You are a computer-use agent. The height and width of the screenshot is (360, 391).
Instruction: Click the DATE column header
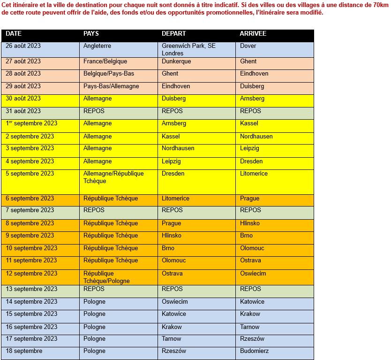[14, 34]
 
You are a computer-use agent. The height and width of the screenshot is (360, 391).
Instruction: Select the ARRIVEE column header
[253, 34]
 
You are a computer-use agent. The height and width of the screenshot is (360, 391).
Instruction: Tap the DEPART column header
[174, 34]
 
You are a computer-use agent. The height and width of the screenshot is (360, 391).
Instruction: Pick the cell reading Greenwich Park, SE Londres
[188, 49]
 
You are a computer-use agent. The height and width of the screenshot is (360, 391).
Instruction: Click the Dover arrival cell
[248, 46]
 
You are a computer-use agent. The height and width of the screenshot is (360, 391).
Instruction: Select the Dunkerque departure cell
[176, 61]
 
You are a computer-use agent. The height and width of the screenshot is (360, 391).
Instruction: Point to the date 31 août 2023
[23, 111]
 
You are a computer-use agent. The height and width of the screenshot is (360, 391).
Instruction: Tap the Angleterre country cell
[97, 46]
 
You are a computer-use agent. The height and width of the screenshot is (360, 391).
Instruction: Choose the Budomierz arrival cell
[254, 351]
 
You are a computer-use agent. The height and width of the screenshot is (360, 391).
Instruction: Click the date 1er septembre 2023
[31, 123]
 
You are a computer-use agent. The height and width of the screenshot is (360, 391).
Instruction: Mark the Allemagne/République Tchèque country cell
[113, 177]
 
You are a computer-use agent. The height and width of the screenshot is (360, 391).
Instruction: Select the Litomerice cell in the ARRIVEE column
[254, 174]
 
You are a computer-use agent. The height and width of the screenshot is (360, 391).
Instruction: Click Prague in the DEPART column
[171, 223]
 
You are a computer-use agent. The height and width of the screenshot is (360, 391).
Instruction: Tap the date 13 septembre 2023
[31, 289]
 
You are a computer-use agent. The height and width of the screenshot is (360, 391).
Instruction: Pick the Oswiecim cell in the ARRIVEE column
[253, 274]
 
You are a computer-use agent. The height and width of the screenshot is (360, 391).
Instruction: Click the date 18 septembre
[24, 351]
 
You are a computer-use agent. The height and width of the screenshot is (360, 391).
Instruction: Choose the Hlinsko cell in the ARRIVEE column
[250, 223]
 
